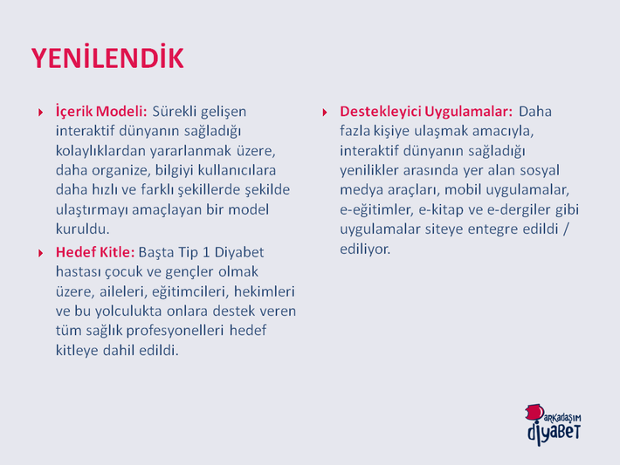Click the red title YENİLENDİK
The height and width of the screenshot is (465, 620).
click(x=107, y=58)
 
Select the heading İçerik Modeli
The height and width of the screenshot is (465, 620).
click(x=101, y=112)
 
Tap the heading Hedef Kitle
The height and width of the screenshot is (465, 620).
click(x=95, y=252)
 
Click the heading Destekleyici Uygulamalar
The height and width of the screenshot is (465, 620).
click(x=426, y=112)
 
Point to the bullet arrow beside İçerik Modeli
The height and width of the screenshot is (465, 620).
click(x=40, y=113)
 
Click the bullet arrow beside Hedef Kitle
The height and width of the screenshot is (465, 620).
click(x=40, y=253)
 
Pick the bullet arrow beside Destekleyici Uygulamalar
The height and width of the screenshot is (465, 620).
click(x=325, y=113)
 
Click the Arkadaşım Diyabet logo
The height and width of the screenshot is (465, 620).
click(x=554, y=425)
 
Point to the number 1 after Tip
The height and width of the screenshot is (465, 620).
click(x=206, y=252)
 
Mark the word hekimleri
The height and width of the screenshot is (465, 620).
click(x=264, y=291)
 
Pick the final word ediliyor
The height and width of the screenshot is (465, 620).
click(x=365, y=250)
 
